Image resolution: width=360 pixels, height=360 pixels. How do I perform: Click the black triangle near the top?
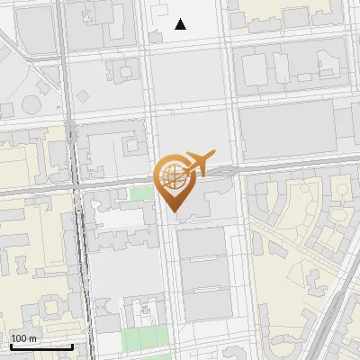click(181, 24)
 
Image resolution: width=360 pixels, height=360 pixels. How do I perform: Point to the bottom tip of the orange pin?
click(173, 211)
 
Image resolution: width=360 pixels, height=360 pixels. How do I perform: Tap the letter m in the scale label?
click(33, 338)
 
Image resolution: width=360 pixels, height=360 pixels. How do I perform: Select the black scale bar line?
click(41, 346)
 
